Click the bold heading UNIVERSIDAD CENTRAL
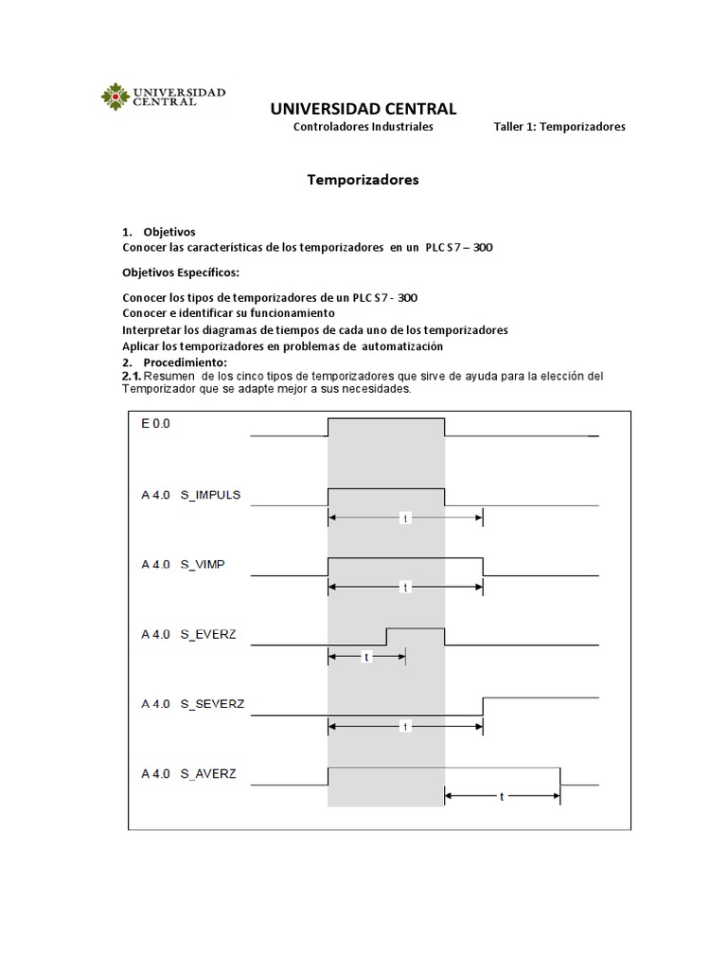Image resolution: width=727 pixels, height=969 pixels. [363, 109]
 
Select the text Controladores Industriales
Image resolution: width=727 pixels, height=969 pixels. [363, 127]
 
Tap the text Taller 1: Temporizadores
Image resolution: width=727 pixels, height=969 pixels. [559, 127]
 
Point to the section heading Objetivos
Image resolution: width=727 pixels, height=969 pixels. [170, 232]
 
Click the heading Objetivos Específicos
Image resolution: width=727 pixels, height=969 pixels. [181, 273]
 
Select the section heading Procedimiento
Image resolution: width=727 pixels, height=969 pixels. [186, 363]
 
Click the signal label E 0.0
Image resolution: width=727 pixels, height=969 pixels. [157, 425]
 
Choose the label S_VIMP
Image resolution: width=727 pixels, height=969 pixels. [203, 565]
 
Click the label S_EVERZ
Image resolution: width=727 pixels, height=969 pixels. [207, 634]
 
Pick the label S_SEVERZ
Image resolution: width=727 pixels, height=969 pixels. [213, 704]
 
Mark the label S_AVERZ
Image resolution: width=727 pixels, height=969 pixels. [208, 773]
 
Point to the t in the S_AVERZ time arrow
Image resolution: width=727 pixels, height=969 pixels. [502, 797]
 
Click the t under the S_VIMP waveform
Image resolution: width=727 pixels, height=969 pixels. [405, 588]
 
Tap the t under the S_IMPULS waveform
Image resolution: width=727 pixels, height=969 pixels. [405, 519]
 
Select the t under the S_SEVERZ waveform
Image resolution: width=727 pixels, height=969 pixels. [405, 727]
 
